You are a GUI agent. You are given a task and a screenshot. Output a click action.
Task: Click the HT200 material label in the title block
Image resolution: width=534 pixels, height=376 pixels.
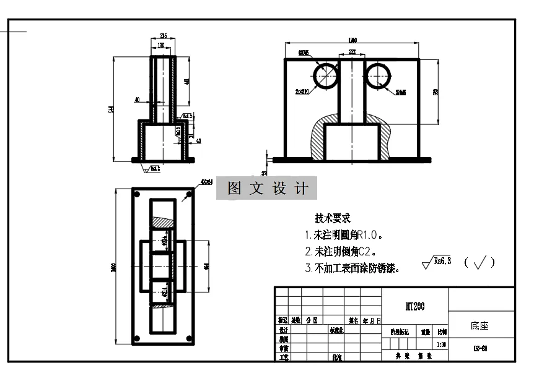(414, 306)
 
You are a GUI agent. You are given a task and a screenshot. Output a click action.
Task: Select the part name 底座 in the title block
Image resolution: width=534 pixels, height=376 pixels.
(479, 325)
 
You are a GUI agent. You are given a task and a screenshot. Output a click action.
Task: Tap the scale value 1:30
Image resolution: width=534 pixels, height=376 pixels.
(441, 344)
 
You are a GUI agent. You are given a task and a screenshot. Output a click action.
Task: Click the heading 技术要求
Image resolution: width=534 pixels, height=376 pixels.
(333, 218)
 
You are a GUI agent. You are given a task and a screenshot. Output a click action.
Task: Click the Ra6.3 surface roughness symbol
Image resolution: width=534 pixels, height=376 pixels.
(437, 262)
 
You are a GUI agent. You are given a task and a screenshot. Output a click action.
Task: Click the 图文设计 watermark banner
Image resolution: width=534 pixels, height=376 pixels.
(266, 189)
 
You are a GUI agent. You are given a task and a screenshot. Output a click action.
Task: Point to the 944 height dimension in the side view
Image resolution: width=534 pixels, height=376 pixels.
(112, 109)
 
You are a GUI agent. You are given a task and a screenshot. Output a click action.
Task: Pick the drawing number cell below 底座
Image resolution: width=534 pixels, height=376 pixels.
(479, 348)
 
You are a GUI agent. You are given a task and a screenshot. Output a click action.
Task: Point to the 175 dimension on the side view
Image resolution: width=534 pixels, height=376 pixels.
(162, 46)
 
